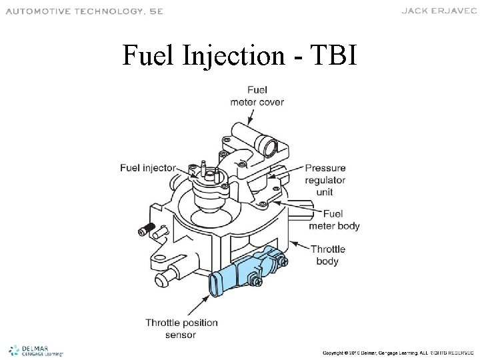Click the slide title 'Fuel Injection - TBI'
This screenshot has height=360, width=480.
[240, 56]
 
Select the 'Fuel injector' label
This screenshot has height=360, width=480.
[148, 167]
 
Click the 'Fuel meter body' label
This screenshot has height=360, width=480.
[334, 221]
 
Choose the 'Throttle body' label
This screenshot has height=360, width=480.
[328, 255]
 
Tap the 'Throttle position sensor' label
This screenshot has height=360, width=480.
[182, 329]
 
